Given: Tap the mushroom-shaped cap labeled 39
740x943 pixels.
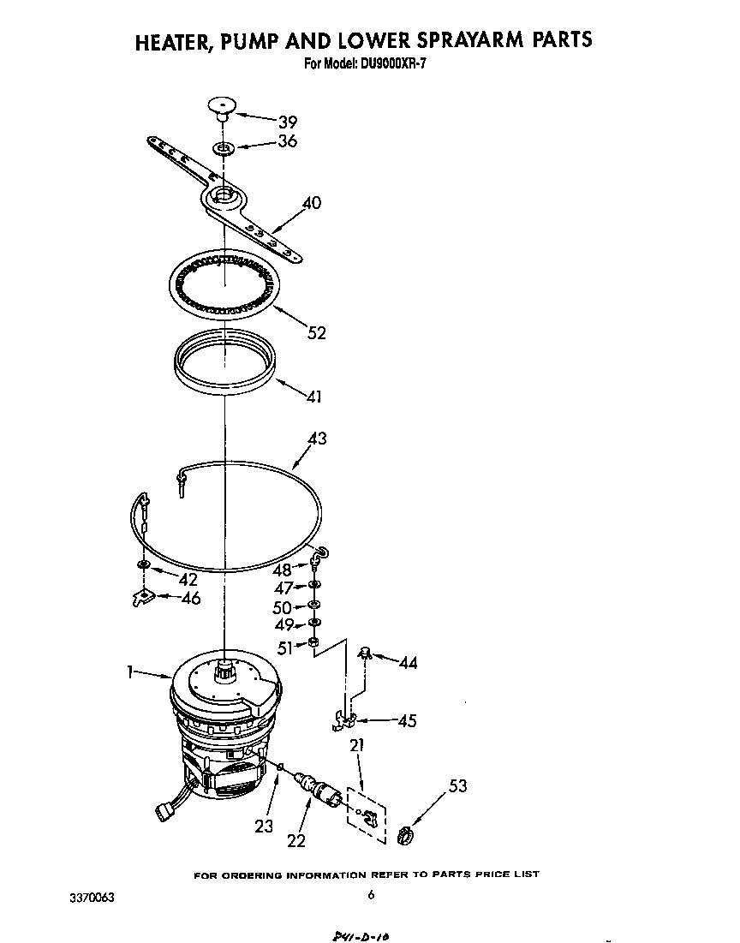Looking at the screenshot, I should (x=221, y=107).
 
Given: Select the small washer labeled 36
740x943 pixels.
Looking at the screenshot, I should (x=223, y=148).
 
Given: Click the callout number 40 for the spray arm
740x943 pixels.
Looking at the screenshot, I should (x=312, y=203).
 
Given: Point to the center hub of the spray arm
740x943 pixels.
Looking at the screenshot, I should (x=223, y=196).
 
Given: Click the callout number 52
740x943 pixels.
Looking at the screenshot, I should (x=316, y=332).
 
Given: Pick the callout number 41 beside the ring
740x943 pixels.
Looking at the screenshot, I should (x=315, y=397).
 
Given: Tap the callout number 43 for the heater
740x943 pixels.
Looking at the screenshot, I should (x=316, y=439).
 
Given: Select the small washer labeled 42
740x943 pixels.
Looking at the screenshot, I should (x=143, y=564).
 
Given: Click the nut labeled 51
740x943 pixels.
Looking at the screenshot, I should (x=314, y=642).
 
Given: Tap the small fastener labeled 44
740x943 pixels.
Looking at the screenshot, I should (x=365, y=653).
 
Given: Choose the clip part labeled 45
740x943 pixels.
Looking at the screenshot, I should (x=344, y=721).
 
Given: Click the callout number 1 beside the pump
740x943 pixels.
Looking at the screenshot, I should (x=131, y=673).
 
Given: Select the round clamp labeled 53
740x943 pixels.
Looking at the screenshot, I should (x=406, y=832).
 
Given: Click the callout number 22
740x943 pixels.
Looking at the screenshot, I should (x=295, y=840).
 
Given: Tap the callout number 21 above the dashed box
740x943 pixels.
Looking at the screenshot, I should (x=356, y=746).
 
